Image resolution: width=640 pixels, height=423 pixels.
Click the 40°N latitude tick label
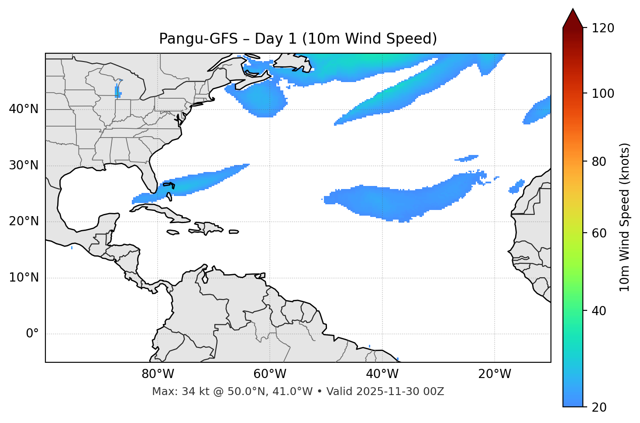click(24, 109)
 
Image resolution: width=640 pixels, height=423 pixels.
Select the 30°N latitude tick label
click(24, 165)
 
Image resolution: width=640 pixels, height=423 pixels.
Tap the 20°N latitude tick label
click(24, 221)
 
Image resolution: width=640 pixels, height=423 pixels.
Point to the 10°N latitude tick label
click(24, 278)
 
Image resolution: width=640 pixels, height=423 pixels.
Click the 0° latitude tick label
click(32, 334)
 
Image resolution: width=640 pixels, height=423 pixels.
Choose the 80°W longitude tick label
click(158, 374)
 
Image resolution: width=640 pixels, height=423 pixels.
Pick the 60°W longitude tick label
click(270, 374)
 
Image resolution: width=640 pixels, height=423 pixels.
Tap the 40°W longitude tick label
click(382, 374)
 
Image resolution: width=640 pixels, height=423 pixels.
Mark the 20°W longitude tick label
click(495, 374)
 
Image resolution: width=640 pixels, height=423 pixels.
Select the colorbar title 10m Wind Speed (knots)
click(625, 217)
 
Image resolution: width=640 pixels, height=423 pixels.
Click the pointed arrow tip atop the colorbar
click(573, 10)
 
